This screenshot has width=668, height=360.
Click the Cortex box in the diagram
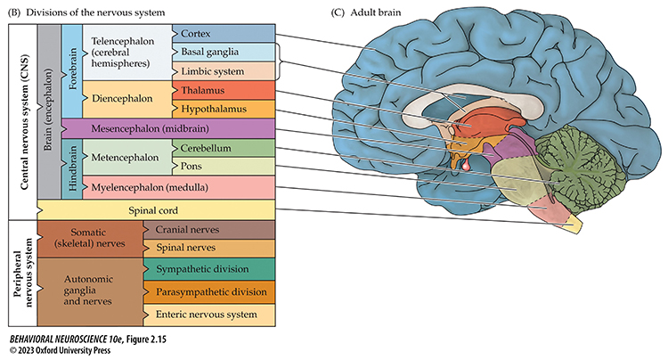point(223,33)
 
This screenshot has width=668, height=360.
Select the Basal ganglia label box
point(223,52)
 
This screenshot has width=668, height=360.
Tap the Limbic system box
point(223,70)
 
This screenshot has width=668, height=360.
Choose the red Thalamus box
point(223,90)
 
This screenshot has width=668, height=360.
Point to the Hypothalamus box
point(223,109)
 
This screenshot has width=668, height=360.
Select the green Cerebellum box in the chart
point(223,147)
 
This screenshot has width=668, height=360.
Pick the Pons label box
point(223,166)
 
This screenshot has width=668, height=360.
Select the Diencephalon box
point(120,100)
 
